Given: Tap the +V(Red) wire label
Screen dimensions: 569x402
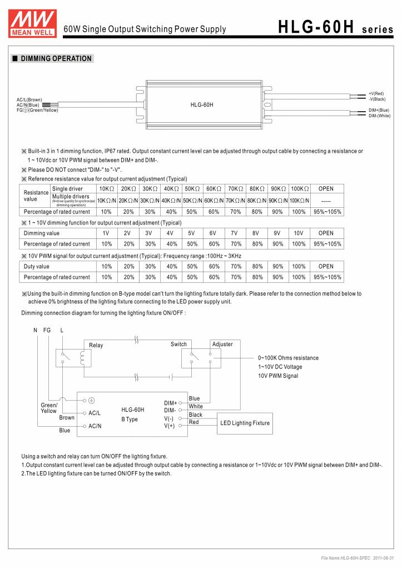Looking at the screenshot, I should [x=376, y=93].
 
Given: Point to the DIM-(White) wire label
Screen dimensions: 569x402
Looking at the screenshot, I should [x=379, y=116].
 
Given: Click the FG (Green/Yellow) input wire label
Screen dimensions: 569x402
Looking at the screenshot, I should [x=37, y=109].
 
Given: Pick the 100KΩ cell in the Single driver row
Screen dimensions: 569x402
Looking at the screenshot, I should [x=299, y=189].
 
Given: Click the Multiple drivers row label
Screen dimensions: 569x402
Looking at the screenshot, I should [x=71, y=196].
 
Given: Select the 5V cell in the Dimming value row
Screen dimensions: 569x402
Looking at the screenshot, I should [x=192, y=233].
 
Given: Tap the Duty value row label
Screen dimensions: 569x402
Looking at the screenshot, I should [x=37, y=267].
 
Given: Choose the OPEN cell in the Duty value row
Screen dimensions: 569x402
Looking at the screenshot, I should [x=326, y=267].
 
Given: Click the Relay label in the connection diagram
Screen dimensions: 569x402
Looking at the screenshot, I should [x=96, y=346].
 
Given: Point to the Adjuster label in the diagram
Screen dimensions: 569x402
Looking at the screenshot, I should [x=222, y=345].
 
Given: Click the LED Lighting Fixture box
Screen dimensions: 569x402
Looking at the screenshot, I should [x=245, y=423].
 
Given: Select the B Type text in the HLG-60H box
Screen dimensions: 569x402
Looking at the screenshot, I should [x=130, y=420].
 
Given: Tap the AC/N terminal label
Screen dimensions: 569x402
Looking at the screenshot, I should [x=95, y=426].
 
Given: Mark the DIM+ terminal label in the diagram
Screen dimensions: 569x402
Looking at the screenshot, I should [x=170, y=402].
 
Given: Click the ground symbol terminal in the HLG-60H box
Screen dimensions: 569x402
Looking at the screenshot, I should [x=91, y=400].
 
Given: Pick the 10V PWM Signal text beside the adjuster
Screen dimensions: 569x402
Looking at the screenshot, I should [x=278, y=376].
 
